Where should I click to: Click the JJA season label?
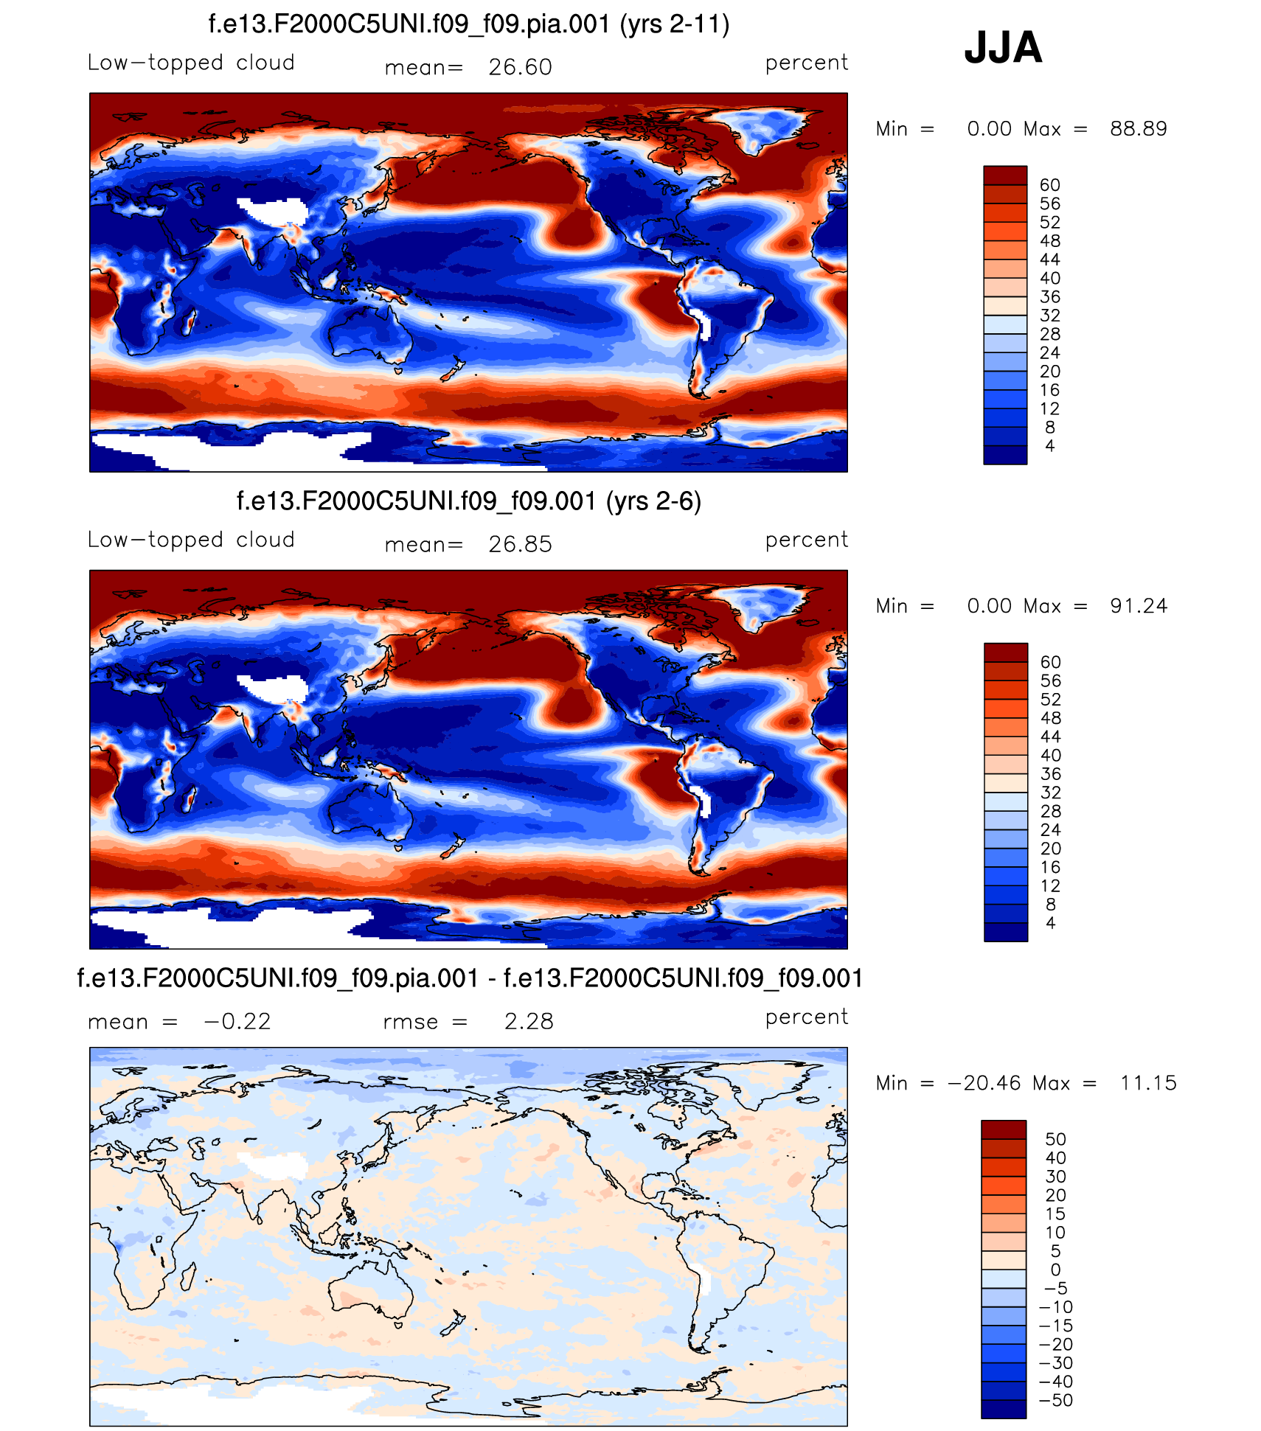[x=1003, y=47]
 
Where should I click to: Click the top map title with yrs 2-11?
[x=469, y=24]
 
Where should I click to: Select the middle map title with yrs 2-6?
[x=469, y=501]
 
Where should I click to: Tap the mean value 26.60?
[x=520, y=67]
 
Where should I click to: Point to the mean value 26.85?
[x=520, y=544]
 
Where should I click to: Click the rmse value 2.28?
[x=529, y=1021]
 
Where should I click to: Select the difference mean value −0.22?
[x=237, y=1021]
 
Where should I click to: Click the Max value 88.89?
[x=1139, y=129]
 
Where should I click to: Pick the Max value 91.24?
[x=1139, y=606]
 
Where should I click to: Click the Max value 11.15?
[x=1148, y=1083]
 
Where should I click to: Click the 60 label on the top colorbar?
[x=1050, y=185]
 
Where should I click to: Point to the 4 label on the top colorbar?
[x=1050, y=446]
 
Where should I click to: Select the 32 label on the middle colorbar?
[x=1051, y=793]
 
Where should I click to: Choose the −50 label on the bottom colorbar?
[x=1056, y=1400]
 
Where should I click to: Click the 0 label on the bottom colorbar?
[x=1055, y=1270]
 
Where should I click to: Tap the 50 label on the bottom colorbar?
[x=1056, y=1139]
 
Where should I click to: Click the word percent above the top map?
[x=807, y=63]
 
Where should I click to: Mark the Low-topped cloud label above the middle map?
[x=191, y=540]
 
